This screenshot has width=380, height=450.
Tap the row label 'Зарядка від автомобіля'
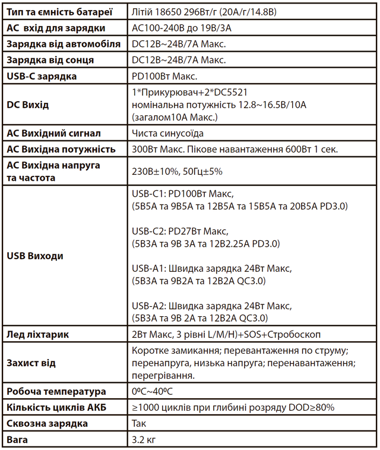(x=63, y=43)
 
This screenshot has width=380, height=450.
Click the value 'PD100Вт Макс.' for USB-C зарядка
(x=164, y=75)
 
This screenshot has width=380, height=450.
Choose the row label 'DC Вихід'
(x=28, y=105)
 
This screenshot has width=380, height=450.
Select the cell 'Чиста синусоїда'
(x=168, y=133)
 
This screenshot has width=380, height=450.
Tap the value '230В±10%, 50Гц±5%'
(x=177, y=171)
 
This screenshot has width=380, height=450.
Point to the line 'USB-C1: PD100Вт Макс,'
(x=183, y=194)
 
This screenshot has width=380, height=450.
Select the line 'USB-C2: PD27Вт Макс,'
(x=180, y=231)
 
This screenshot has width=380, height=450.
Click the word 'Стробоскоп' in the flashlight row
(x=302, y=334)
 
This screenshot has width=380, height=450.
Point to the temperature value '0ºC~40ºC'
(x=153, y=392)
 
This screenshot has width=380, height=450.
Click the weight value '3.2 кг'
(x=145, y=440)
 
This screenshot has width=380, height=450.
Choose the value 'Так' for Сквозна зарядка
(x=139, y=424)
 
